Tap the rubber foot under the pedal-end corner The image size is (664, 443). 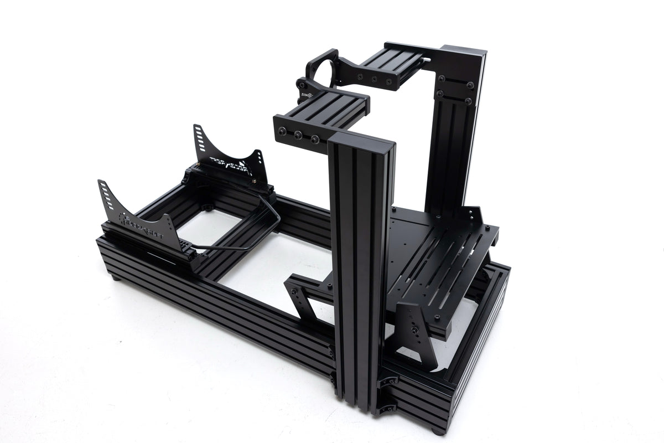tap(437, 430)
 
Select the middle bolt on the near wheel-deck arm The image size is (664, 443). tap(299, 135)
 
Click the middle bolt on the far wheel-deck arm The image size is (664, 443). tap(375, 80)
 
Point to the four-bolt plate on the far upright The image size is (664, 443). tap(455, 90)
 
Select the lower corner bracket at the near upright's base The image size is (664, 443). tap(387, 407)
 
